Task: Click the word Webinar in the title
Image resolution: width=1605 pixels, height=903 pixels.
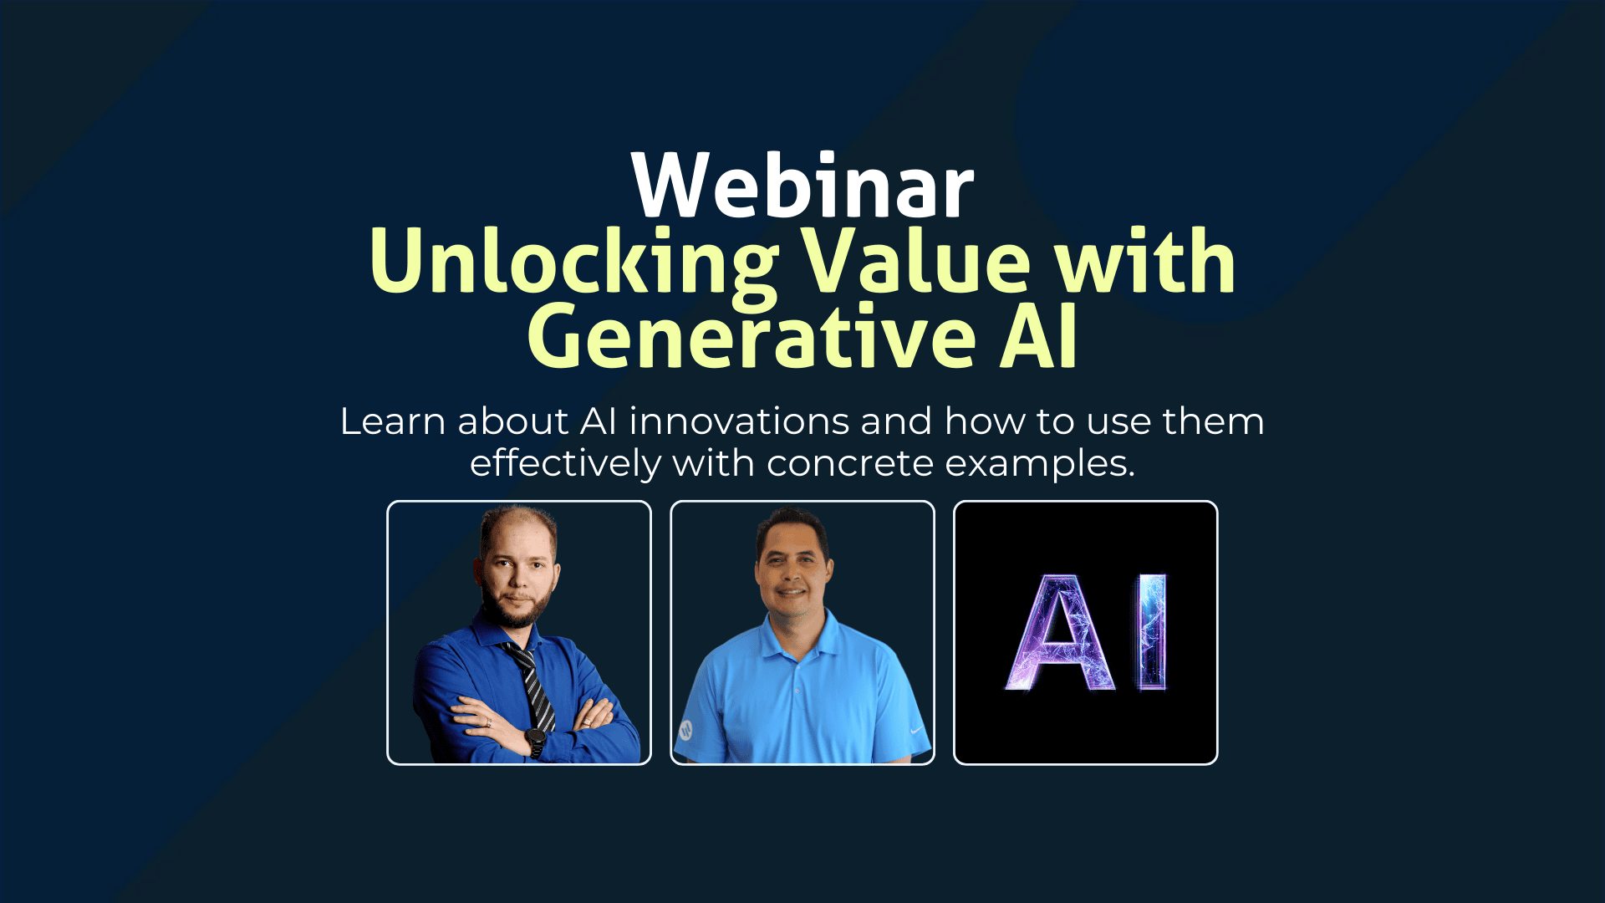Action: (x=802, y=186)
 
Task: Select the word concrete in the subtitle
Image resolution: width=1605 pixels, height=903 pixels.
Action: (x=849, y=463)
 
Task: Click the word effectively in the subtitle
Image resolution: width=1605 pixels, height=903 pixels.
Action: (x=565, y=462)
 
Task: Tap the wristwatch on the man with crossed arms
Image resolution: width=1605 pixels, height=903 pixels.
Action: (x=534, y=739)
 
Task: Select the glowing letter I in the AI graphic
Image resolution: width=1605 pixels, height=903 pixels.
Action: (x=1151, y=632)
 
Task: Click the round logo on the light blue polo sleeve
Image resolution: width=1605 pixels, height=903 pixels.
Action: (x=685, y=729)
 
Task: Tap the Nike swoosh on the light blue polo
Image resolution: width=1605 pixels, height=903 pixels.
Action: (x=917, y=729)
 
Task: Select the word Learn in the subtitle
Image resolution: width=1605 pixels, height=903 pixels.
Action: (x=392, y=421)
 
